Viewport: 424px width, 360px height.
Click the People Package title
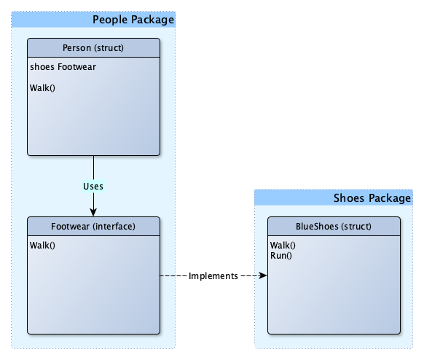[x=133, y=20]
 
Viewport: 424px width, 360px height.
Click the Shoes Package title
[x=372, y=198]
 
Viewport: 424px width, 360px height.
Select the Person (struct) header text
[x=93, y=48]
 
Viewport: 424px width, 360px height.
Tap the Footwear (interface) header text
[x=93, y=227]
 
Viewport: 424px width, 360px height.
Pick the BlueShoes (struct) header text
[x=334, y=227]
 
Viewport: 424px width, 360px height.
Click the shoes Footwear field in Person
[x=63, y=67]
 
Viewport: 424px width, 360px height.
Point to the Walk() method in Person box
[x=42, y=88]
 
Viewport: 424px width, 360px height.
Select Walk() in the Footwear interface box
[x=42, y=246]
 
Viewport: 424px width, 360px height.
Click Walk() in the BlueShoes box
[x=283, y=246]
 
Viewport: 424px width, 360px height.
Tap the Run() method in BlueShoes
[x=281, y=256]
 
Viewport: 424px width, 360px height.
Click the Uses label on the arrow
[x=93, y=187]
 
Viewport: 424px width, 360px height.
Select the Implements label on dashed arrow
[x=213, y=276]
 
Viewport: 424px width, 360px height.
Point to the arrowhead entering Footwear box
[x=93, y=213]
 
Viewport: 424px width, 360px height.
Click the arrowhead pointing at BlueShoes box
[x=263, y=275]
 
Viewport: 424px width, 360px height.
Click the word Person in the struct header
[x=76, y=48]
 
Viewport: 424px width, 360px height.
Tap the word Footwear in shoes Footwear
[x=76, y=67]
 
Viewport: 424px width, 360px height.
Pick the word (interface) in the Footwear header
[x=114, y=227]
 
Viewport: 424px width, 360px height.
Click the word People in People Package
[x=110, y=20]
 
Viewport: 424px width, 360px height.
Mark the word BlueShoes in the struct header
[x=317, y=227]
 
